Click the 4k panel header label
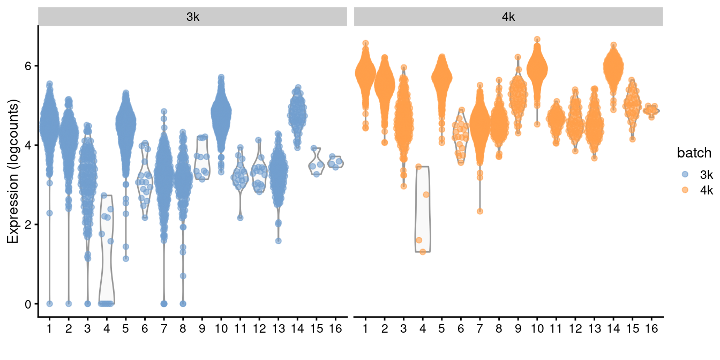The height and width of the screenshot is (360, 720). point(508,17)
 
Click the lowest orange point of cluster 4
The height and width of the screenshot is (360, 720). point(423,252)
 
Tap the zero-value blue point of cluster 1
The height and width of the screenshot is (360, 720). point(49,303)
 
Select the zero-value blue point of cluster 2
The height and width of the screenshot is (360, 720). point(69,303)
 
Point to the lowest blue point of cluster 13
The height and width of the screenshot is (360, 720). point(279,241)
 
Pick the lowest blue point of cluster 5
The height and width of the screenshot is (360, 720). point(126,258)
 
